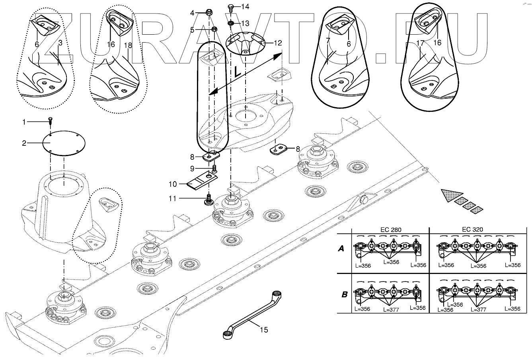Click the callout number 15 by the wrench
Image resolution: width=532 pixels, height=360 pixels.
tap(264, 330)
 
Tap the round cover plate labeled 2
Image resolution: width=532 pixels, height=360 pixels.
tap(64, 143)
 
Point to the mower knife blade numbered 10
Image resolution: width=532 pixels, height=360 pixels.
tap(202, 181)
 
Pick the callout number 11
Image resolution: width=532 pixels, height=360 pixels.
tap(173, 198)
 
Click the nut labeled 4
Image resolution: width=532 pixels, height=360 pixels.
tap(209, 12)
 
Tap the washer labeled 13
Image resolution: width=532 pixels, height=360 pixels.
tap(230, 23)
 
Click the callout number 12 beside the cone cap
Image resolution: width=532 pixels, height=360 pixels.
tap(278, 43)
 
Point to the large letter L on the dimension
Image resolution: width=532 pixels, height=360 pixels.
tap(237, 72)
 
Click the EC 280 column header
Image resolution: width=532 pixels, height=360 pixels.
tap(391, 230)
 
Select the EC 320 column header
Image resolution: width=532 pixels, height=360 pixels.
tap(472, 229)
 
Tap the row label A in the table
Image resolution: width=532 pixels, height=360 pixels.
tap(341, 249)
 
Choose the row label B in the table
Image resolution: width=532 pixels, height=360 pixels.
tap(345, 295)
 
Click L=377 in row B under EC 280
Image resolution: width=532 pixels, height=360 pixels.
tap(391, 309)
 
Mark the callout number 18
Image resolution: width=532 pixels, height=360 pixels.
tap(128, 45)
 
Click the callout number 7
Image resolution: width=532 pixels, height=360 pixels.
tap(328, 41)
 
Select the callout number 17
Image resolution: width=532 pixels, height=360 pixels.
tap(420, 43)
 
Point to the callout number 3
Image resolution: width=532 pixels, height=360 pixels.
tap(60, 43)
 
